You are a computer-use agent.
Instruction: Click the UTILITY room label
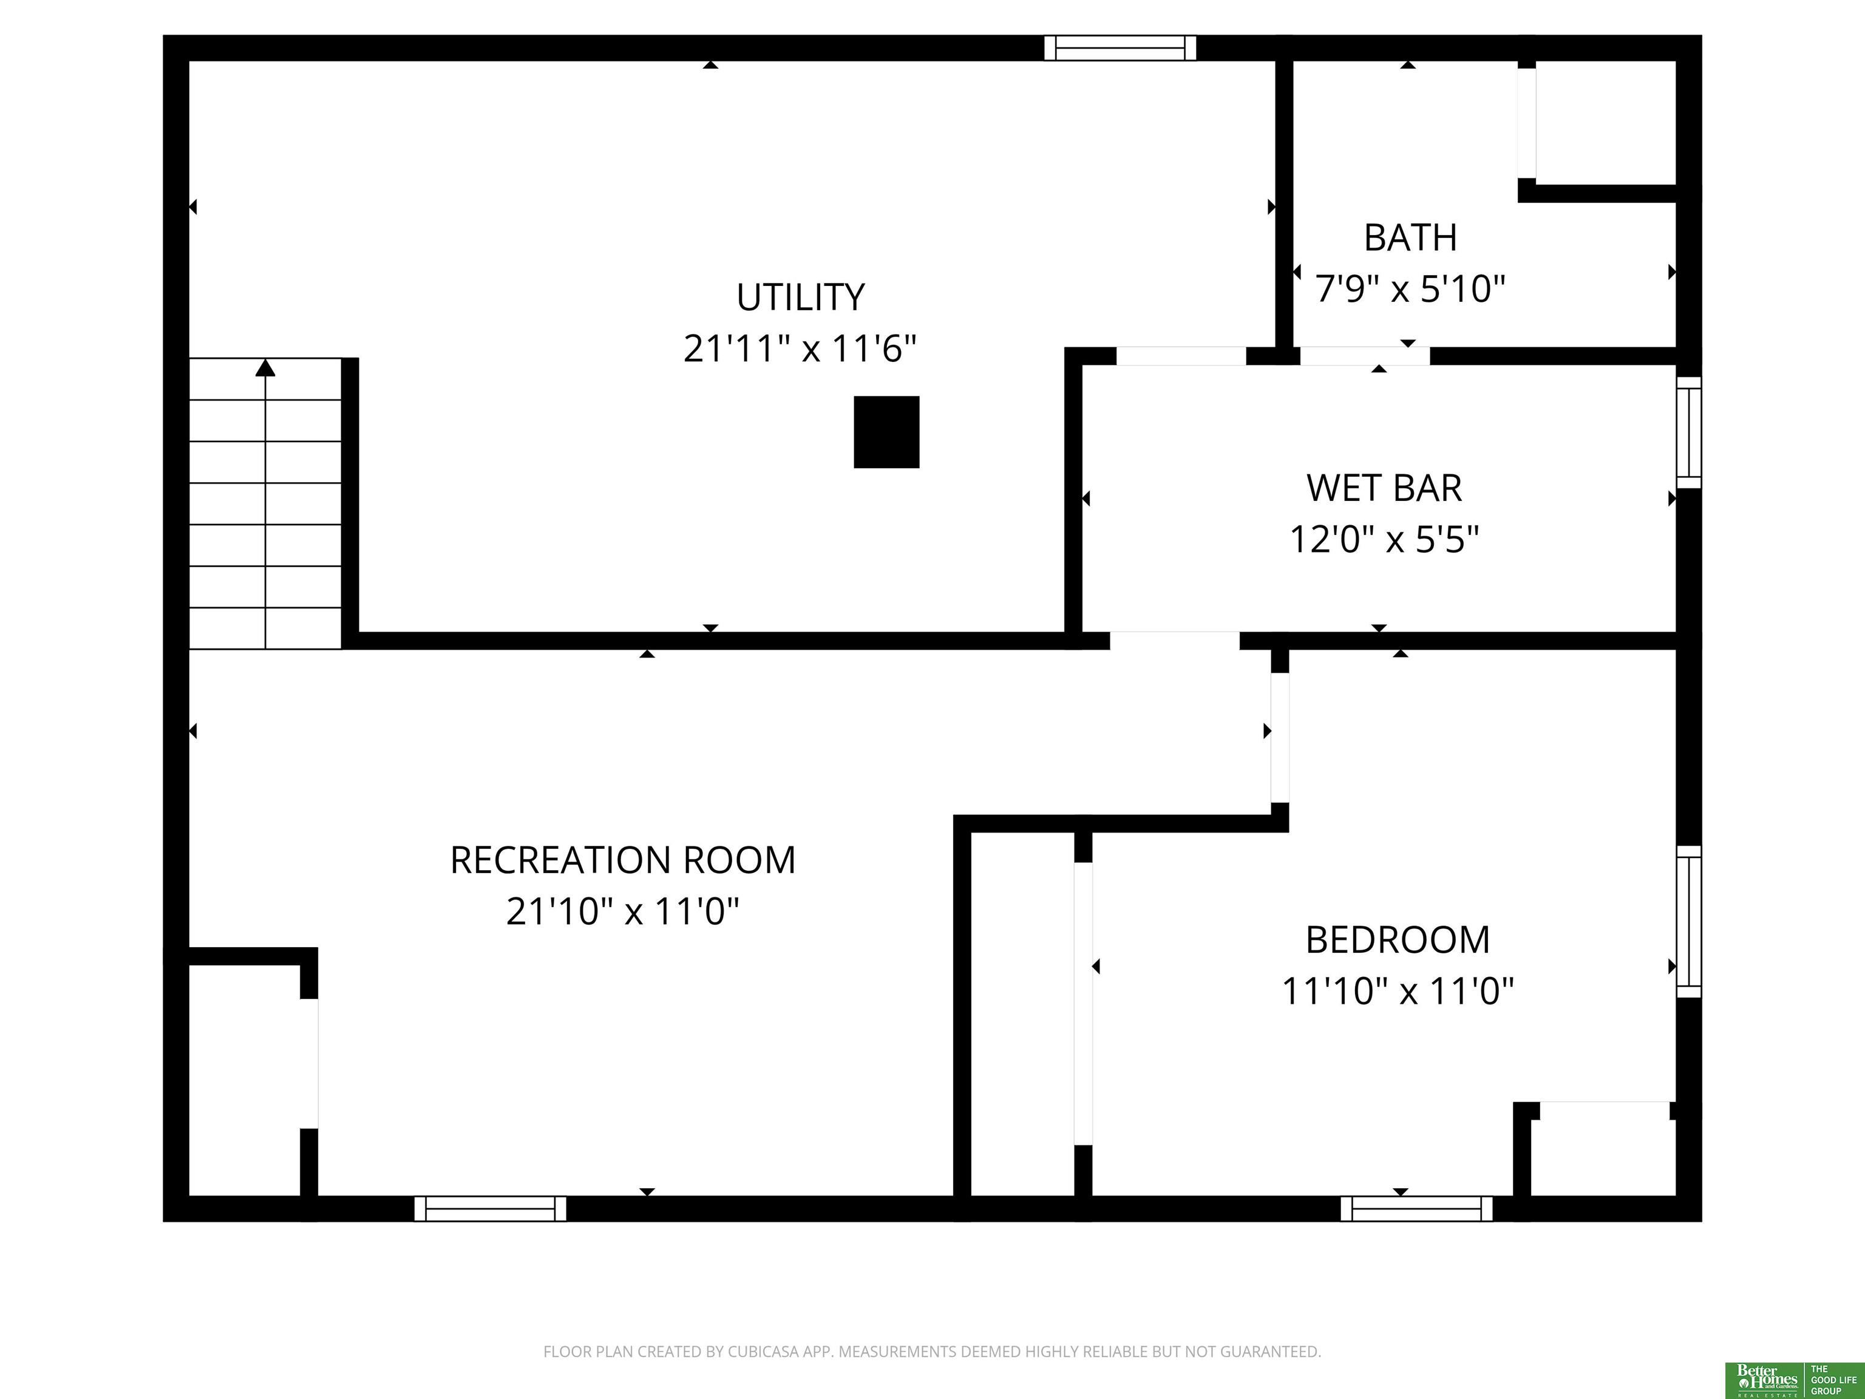[800, 297]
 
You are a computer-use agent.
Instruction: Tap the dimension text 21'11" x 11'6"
[800, 349]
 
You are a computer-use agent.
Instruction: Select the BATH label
[1410, 238]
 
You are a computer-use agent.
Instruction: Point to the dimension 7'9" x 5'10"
[1410, 289]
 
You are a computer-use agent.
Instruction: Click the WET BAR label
[1384, 488]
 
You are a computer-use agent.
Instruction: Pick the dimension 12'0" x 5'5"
[1384, 539]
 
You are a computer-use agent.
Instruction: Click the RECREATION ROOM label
[623, 860]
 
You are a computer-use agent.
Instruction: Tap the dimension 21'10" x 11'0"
[622, 911]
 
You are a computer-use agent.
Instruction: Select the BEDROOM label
[1398, 939]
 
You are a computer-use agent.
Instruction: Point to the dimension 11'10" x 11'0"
[1398, 991]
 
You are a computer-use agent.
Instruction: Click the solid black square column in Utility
[886, 432]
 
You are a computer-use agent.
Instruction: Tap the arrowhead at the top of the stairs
[265, 368]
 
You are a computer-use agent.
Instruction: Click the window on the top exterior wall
[1119, 48]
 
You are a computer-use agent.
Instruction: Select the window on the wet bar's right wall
[1689, 432]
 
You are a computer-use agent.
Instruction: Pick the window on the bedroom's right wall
[1689, 922]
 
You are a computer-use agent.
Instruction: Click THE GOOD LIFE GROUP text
[1834, 1380]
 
